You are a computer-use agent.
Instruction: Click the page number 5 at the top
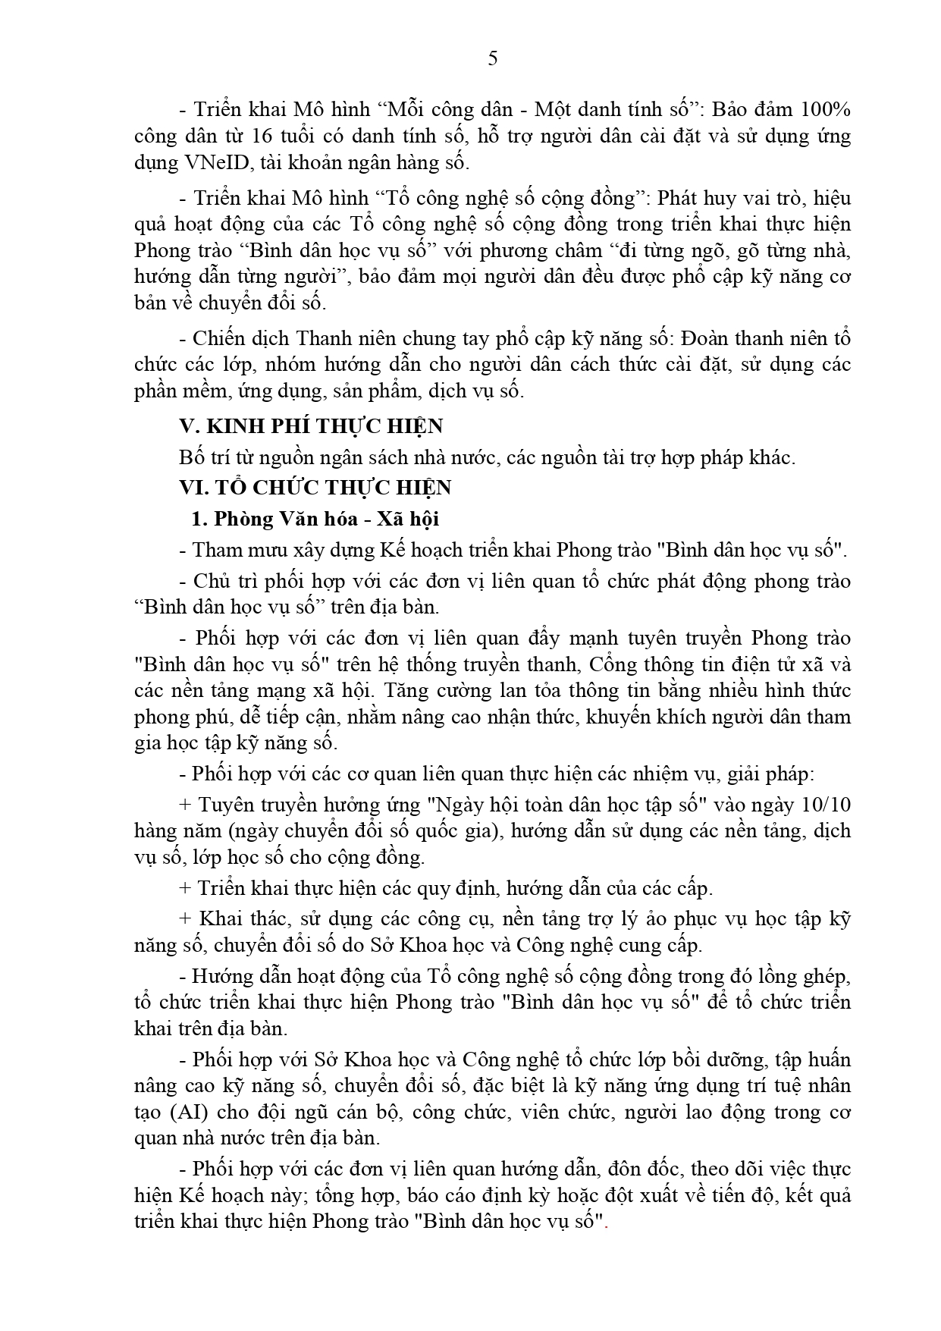(x=493, y=58)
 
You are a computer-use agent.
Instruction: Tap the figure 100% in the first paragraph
(x=825, y=109)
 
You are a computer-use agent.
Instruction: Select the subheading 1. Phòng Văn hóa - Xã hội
(x=315, y=519)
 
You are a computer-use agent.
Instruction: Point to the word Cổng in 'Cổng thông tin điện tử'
(x=612, y=664)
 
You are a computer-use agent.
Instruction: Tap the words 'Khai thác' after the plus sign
(x=243, y=918)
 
